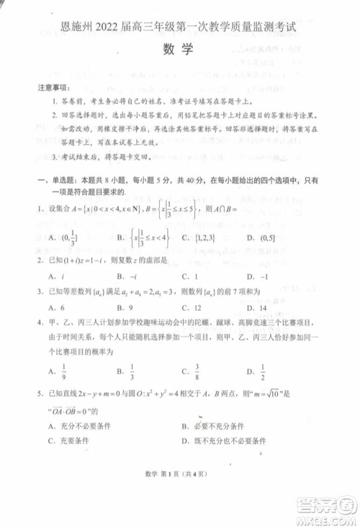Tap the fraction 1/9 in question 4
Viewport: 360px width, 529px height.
[x=63, y=371]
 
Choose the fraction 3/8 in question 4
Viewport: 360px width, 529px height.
[x=196, y=371]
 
